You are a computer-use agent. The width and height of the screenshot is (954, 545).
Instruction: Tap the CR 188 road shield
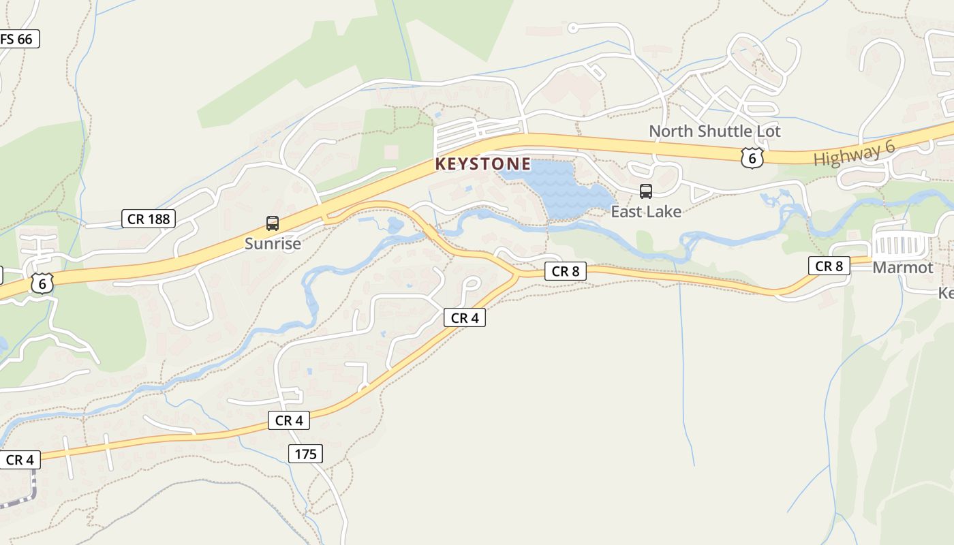coord(149,219)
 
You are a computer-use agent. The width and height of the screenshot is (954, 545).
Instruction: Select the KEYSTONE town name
coord(482,164)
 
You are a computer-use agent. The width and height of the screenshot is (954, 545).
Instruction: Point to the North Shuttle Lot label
coord(714,131)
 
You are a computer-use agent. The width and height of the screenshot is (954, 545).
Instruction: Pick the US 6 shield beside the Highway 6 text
coord(751,158)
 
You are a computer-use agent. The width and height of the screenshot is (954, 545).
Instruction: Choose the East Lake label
coord(645,212)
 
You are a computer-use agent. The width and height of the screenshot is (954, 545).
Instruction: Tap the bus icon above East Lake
coord(645,191)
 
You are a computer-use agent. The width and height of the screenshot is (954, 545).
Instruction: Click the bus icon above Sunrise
coord(273,223)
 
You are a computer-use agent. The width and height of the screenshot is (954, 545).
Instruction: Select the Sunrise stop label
coord(273,243)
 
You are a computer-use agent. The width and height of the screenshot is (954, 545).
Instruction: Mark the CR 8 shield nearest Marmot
coord(829,266)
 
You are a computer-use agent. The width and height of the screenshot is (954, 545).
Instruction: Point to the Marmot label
coord(902,268)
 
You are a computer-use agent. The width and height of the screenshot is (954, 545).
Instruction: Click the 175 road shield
coord(305,454)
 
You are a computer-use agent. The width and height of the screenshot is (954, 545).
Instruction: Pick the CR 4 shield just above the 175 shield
coord(289,420)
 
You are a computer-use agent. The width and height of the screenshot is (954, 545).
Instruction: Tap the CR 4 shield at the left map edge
coord(19,460)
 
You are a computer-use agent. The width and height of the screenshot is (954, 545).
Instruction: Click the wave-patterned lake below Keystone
coord(559,187)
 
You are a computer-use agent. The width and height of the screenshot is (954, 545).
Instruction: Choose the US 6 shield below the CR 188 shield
coord(42,283)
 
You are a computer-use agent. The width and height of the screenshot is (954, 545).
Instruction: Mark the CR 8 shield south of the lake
coord(565,271)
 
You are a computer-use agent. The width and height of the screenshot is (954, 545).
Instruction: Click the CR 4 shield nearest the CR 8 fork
coord(464,317)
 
